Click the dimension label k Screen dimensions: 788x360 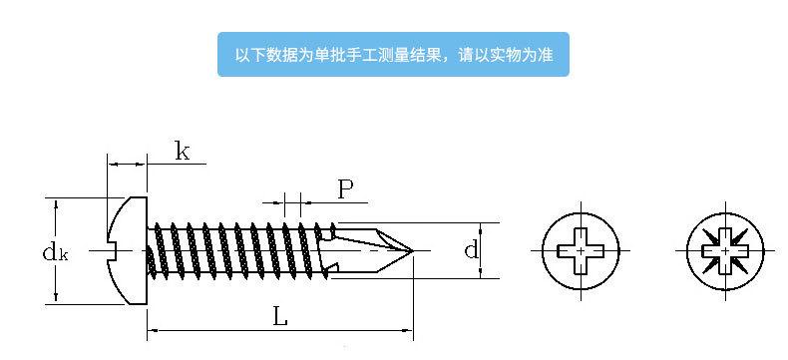[x=183, y=151]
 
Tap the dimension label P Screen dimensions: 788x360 [x=345, y=189]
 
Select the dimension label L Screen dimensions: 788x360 [x=280, y=317]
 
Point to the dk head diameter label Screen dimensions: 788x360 [x=55, y=252]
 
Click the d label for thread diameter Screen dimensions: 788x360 [x=471, y=249]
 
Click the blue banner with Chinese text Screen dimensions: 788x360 [x=393, y=54]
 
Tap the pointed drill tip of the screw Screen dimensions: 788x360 [x=412, y=250]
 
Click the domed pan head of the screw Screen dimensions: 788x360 [x=127, y=250]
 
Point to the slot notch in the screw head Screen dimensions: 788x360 [x=112, y=250]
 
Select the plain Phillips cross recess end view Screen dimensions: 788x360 [x=581, y=250]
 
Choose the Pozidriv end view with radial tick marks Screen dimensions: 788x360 [x=725, y=250]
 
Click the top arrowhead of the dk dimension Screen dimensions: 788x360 [x=56, y=203]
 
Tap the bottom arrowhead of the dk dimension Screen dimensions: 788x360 [x=56, y=298]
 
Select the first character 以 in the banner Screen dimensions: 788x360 [x=242, y=54]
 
